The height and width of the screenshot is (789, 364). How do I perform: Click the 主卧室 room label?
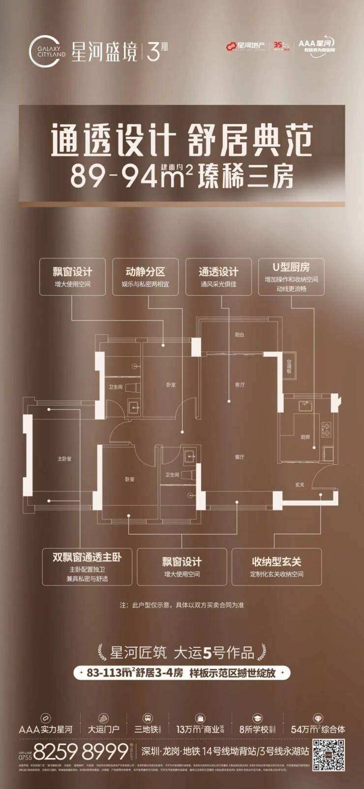tap(64, 459)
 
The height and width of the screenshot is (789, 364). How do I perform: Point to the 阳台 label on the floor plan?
tap(239, 335)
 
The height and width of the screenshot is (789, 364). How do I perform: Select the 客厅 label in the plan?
tap(240, 385)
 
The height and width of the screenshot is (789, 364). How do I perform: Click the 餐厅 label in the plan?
tap(240, 457)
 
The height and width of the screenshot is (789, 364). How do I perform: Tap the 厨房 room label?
tap(305, 437)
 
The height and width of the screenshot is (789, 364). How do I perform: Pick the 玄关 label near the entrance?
tap(300, 485)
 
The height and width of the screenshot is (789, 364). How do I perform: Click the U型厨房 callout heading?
tap(291, 267)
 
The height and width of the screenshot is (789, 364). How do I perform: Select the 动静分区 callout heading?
tap(145, 271)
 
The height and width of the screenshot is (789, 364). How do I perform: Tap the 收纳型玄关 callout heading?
tap(276, 562)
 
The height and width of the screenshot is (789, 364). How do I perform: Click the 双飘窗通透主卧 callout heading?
tap(87, 557)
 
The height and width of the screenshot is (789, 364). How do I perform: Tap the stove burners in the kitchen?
tap(325, 429)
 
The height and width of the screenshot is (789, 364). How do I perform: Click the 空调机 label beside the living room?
tap(289, 367)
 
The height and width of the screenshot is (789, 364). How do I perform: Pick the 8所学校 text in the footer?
tap(253, 729)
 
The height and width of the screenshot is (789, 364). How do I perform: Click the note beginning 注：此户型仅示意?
tap(182, 605)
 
